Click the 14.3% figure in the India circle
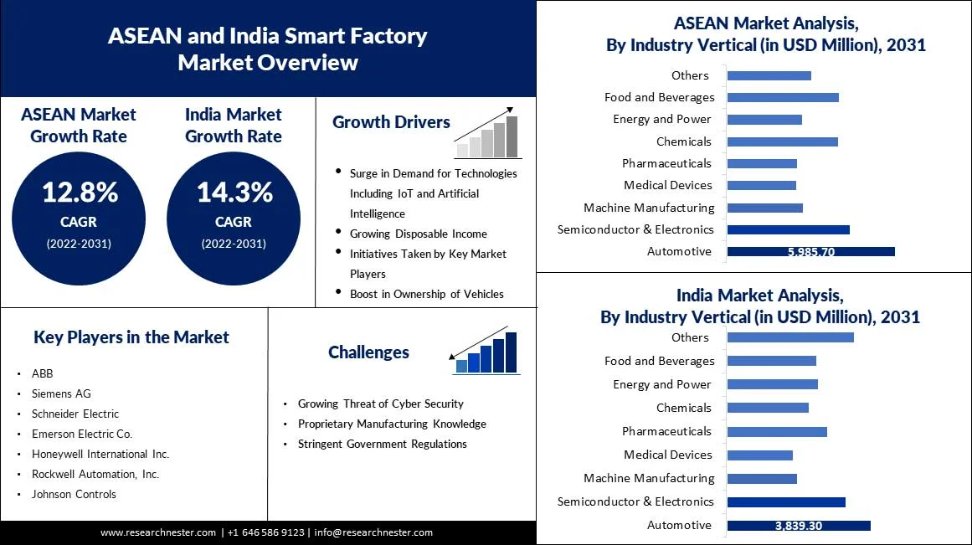coord(234,193)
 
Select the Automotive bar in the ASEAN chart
coord(810,251)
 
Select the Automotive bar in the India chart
coord(798,525)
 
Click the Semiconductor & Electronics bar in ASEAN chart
coord(788,229)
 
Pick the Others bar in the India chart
coord(789,337)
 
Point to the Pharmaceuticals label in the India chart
coord(666,431)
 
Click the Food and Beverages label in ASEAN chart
coord(659,97)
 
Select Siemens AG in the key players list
coord(61,393)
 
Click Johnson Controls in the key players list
coord(74,494)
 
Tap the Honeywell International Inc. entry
coord(100,454)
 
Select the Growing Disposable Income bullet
coord(418,234)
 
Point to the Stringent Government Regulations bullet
coord(382,444)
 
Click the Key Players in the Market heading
coord(131,337)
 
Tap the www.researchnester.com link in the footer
coord(158,532)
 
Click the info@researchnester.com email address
coord(373,532)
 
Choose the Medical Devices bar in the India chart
coord(759,455)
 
